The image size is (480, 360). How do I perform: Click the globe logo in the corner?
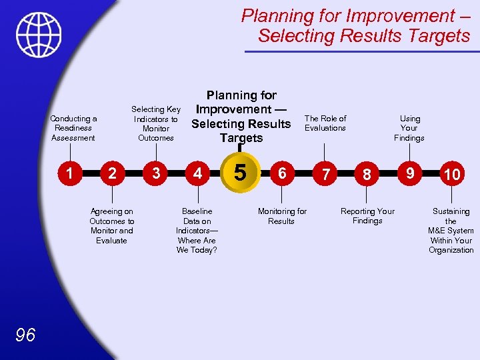(39, 34)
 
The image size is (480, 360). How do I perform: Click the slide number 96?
(25, 335)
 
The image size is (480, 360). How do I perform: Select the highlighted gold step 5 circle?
(241, 172)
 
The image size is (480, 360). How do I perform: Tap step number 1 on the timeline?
(69, 173)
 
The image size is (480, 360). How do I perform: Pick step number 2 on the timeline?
(113, 173)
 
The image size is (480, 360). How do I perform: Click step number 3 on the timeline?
(156, 173)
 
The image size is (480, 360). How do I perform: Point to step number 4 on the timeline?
(197, 173)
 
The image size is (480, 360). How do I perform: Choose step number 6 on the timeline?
(282, 173)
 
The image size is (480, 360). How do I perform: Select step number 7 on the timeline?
(325, 174)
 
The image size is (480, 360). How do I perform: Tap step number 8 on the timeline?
(367, 174)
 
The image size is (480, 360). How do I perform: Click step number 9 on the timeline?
(410, 173)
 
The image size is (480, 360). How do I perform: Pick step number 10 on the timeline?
(452, 174)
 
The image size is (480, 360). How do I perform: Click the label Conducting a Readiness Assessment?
(73, 128)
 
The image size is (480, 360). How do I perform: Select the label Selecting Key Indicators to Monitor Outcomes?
(156, 123)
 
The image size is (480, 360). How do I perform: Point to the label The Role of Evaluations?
(325, 123)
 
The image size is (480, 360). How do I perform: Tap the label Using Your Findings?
(409, 128)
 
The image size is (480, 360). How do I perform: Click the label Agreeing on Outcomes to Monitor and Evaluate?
(111, 226)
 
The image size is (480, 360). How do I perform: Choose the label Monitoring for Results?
(282, 216)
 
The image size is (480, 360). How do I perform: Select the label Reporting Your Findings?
(367, 216)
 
